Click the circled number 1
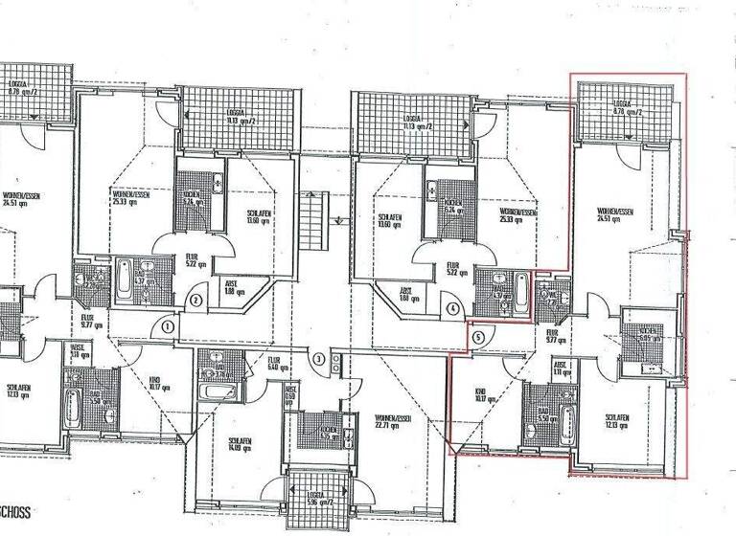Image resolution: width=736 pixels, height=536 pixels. coord(168,327)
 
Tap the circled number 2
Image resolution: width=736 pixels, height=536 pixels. coord(195,301)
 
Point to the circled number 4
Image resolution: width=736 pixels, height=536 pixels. coord(451,308)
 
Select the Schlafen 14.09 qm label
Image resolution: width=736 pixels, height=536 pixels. coord(239,445)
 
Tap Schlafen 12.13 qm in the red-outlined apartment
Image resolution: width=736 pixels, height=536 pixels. coord(618,421)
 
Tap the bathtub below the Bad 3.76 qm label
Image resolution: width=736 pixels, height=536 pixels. coord(210,392)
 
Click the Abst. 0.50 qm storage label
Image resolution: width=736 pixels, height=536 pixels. coord(288,398)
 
